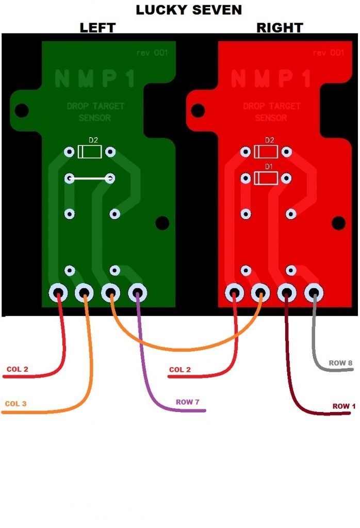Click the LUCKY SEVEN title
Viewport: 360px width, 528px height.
(189, 10)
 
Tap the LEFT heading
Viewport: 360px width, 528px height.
(97, 28)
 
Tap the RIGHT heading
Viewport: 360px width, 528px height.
(280, 28)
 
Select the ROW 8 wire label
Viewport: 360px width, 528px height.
(341, 363)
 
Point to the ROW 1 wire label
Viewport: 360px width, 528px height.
(344, 406)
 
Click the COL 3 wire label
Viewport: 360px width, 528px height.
(16, 404)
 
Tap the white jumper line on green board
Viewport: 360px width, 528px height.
(90, 178)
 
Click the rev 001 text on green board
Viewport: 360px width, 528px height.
(152, 53)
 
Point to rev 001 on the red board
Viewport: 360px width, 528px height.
(328, 53)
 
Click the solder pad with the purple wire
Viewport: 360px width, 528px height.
(137, 293)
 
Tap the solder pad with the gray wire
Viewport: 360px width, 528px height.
(314, 293)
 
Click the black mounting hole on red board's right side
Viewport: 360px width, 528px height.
(338, 223)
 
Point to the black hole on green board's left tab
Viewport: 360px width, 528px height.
(21, 109)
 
